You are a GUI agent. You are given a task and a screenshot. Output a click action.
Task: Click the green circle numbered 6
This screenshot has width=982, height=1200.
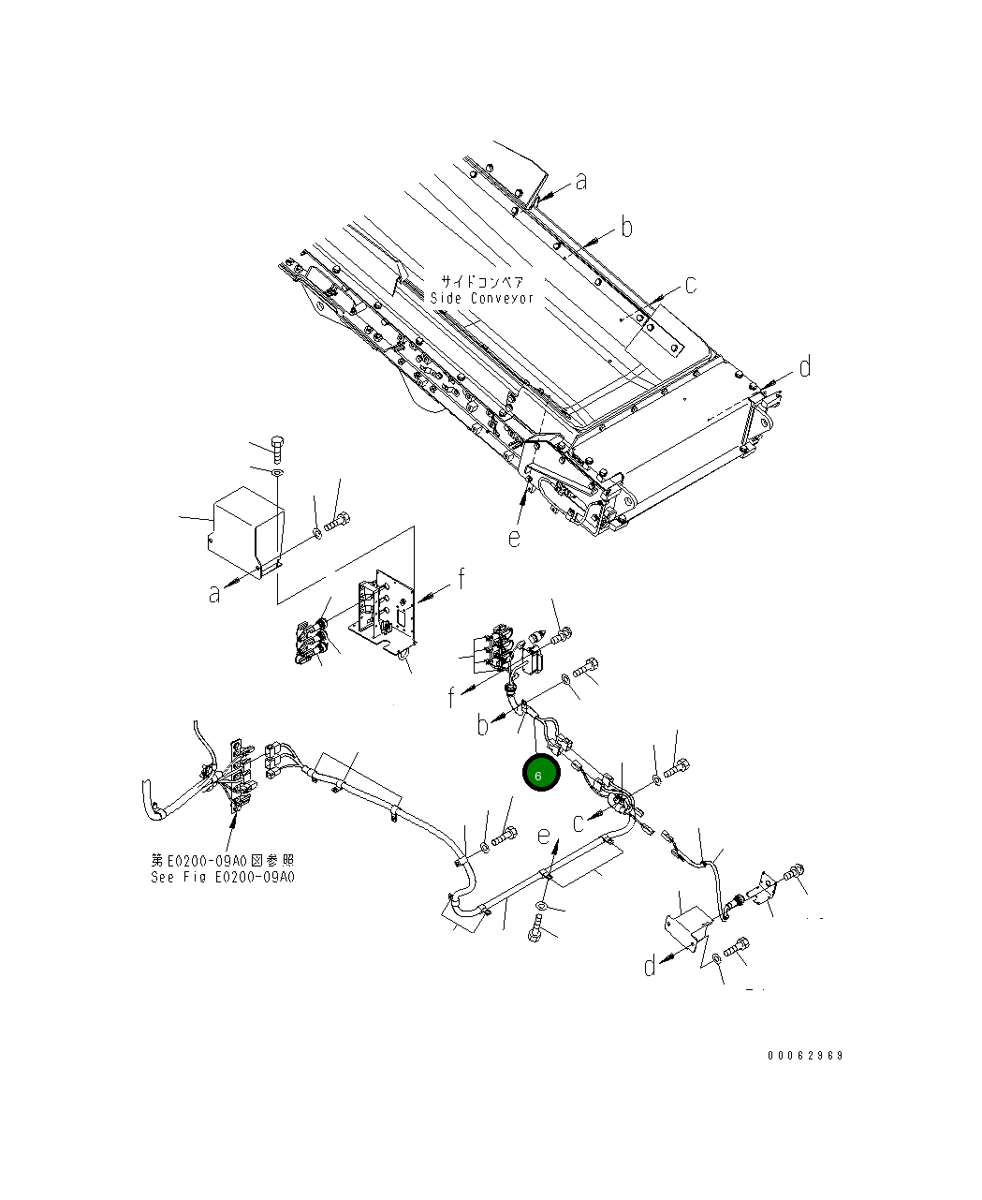[540, 774]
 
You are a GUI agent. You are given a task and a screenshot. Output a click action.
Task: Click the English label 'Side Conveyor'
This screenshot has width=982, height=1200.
[482, 298]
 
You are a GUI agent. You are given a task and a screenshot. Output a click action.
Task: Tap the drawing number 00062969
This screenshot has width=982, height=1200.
[805, 1055]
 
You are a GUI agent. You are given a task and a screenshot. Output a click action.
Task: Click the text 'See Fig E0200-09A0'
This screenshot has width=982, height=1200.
[223, 878]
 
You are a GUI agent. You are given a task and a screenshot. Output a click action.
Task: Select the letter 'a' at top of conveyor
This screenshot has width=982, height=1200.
[581, 181]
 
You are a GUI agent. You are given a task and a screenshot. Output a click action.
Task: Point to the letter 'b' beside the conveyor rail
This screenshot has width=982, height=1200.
[626, 227]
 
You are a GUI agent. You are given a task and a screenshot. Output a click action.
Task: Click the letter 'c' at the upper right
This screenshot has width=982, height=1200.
[690, 285]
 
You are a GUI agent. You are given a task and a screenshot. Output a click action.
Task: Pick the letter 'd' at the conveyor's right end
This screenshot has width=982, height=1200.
[803, 367]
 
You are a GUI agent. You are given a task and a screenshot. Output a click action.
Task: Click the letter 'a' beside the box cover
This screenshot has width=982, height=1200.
[215, 593]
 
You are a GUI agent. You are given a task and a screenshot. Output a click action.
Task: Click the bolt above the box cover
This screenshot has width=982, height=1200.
[277, 448]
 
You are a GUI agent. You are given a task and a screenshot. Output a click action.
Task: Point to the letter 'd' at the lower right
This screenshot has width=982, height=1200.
[651, 965]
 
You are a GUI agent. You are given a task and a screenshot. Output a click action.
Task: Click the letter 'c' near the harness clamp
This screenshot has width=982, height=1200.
[579, 822]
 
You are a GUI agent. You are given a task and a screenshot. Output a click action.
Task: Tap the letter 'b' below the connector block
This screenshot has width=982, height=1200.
[484, 724]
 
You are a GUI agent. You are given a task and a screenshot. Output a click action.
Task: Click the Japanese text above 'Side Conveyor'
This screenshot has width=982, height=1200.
[483, 281]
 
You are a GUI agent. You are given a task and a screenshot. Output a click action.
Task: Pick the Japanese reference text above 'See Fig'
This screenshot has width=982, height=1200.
[223, 860]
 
